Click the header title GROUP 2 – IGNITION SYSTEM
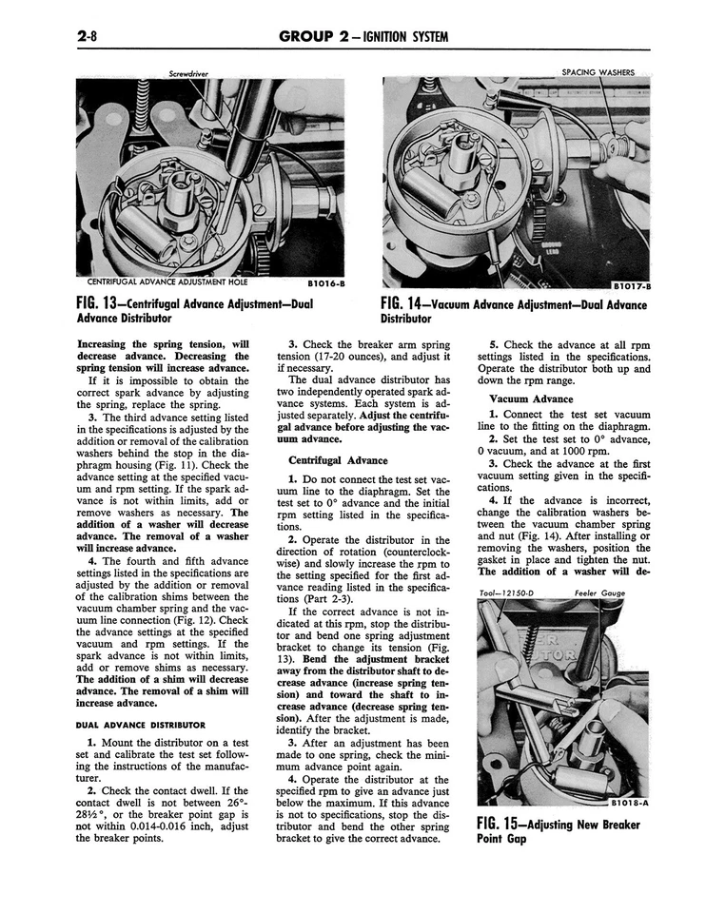[x=364, y=37]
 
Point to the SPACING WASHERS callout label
[x=598, y=72]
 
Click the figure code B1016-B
[x=326, y=282]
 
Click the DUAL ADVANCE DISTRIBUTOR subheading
[x=140, y=725]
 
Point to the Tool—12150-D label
[x=508, y=592]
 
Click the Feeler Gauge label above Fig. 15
[x=599, y=592]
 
